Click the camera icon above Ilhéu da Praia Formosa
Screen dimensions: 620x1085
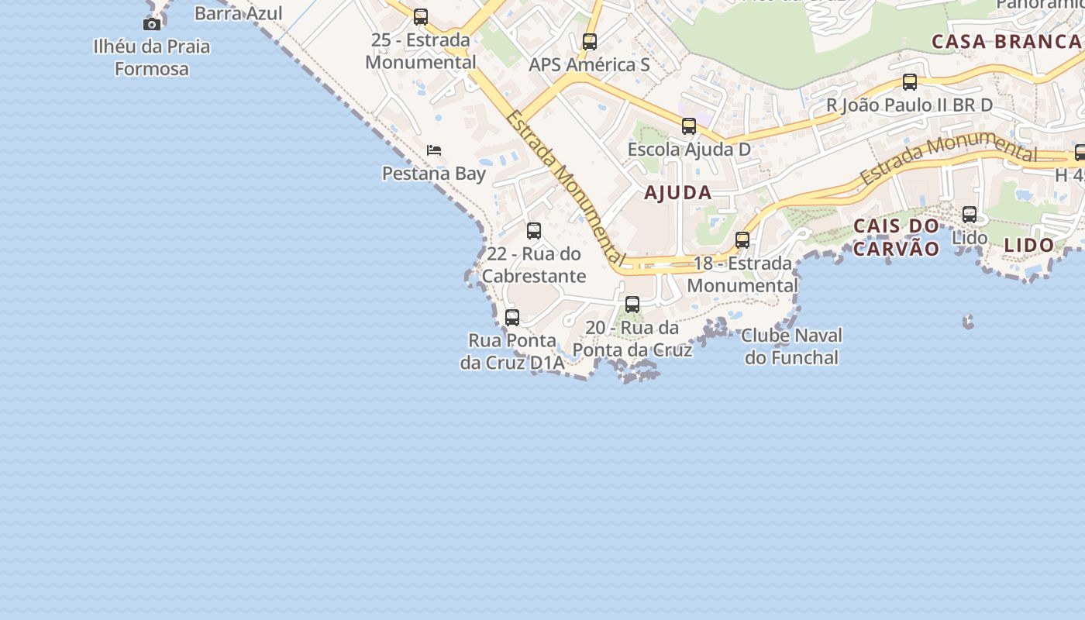click(x=152, y=24)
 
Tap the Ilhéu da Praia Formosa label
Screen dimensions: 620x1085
click(x=151, y=57)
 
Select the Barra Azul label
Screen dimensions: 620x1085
click(x=238, y=13)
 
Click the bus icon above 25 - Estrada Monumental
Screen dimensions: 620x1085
click(x=420, y=16)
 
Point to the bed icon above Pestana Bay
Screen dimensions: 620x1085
click(x=434, y=150)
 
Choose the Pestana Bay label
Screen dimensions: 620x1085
click(x=433, y=173)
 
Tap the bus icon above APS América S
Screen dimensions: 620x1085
click(x=590, y=42)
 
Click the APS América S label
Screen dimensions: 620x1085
click(x=589, y=64)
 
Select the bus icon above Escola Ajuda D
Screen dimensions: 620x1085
click(x=688, y=126)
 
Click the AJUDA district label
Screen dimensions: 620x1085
click(x=677, y=193)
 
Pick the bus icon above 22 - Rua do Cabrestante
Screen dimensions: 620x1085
click(x=533, y=231)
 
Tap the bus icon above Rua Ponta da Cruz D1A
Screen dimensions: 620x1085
click(x=511, y=318)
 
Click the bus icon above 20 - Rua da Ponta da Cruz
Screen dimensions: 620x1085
click(x=632, y=305)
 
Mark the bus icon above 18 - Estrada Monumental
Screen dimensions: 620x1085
click(x=742, y=240)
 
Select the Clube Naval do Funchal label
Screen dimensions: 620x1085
click(x=791, y=346)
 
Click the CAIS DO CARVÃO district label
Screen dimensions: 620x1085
click(x=896, y=237)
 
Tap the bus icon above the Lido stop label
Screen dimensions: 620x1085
click(x=969, y=215)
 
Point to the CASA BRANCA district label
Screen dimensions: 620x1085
click(x=1007, y=42)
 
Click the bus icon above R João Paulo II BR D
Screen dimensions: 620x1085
click(x=909, y=82)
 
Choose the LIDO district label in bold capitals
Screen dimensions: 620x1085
click(x=1028, y=246)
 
